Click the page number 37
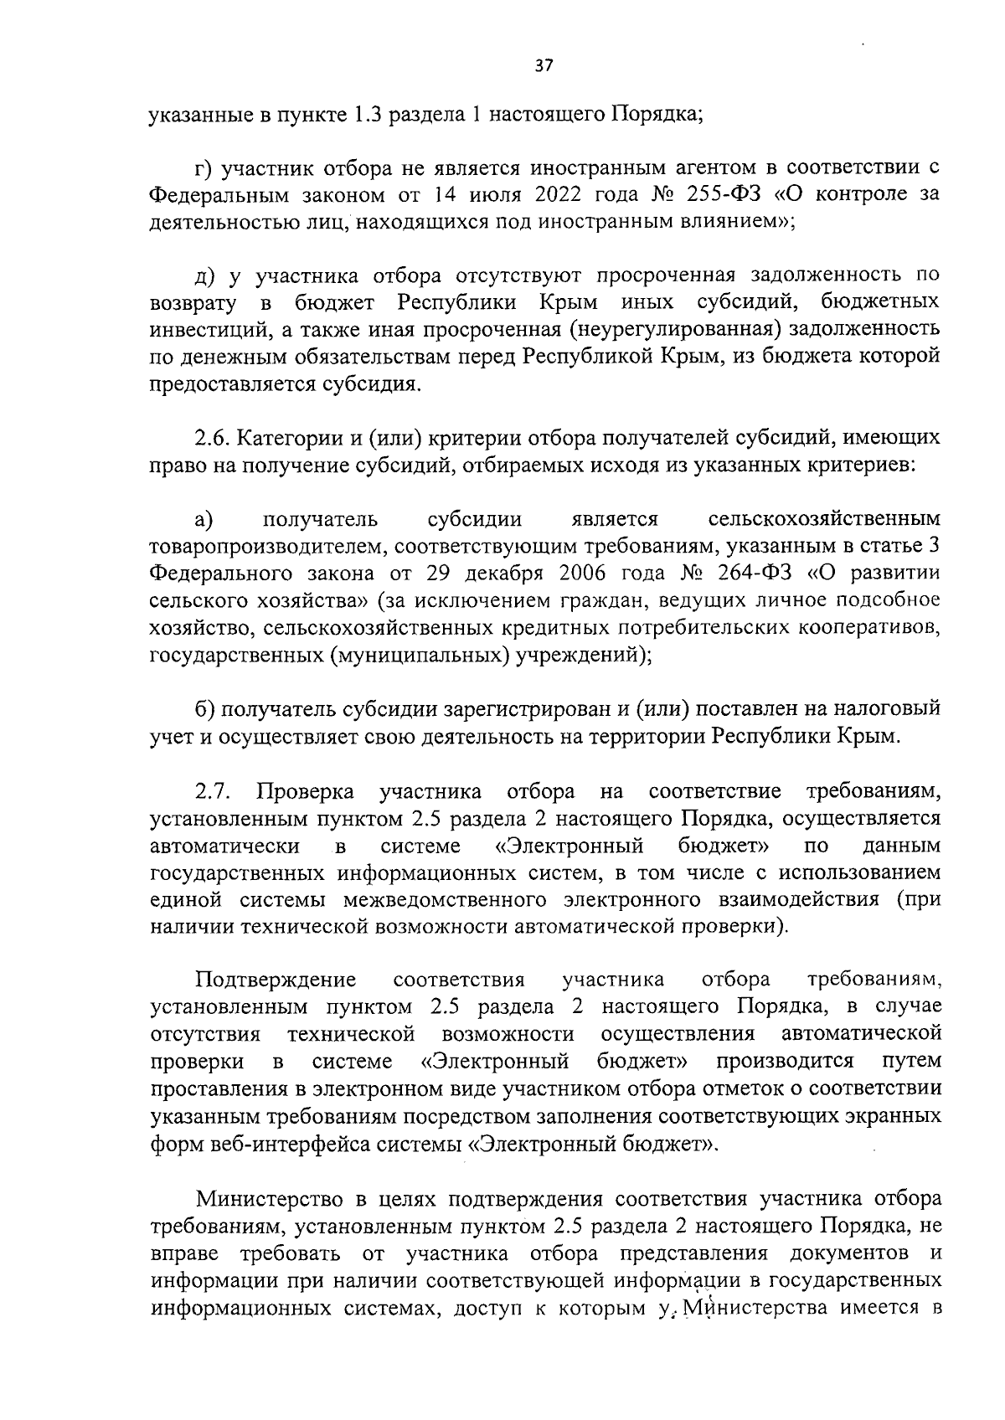(544, 67)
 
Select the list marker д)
(205, 275)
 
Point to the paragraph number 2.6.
(211, 438)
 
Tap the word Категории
(289, 438)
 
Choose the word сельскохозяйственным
(823, 520)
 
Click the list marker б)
(207, 709)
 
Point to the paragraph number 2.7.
(213, 791)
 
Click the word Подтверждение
(276, 980)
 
